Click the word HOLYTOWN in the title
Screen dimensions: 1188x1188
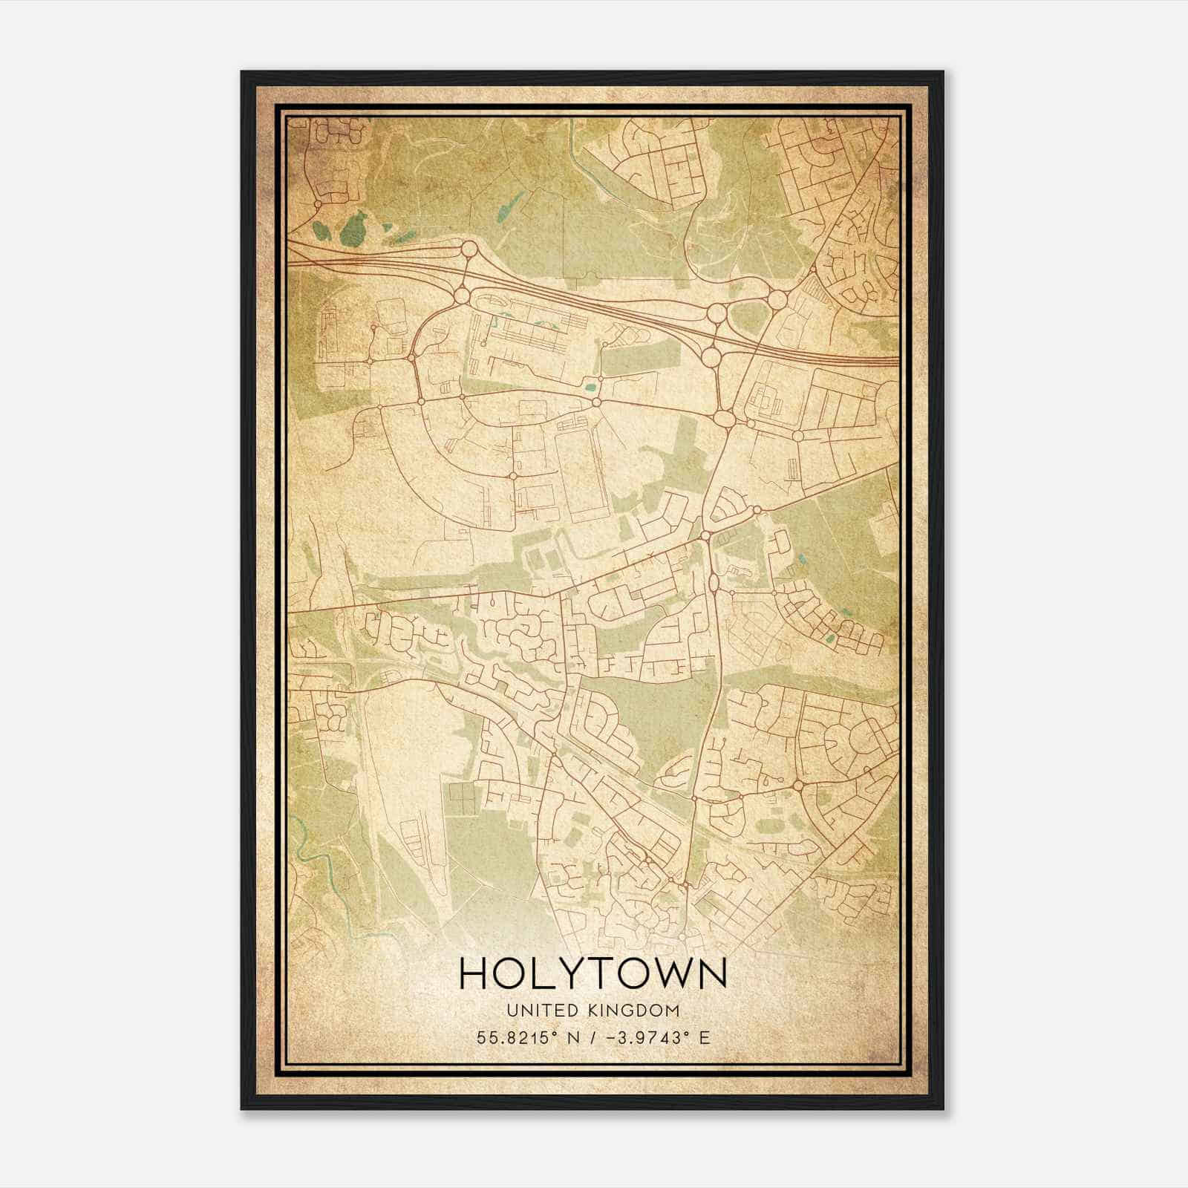click(593, 973)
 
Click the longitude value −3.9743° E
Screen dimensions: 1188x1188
click(657, 1037)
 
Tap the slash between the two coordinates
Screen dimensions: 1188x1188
click(592, 1037)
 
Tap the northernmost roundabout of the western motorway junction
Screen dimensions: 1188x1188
click(469, 248)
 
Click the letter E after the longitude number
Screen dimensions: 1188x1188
click(705, 1037)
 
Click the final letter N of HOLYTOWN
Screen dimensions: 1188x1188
click(711, 973)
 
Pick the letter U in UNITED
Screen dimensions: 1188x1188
click(512, 1011)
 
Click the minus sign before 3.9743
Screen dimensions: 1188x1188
click(611, 1037)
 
